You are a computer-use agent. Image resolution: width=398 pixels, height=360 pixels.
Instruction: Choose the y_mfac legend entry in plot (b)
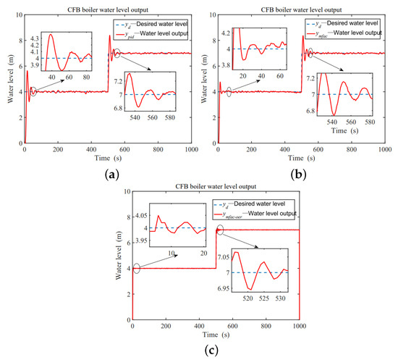point(343,28)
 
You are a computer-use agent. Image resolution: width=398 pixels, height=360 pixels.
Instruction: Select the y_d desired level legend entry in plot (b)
point(343,20)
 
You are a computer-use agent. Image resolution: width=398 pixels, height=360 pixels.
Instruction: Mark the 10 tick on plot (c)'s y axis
point(128,193)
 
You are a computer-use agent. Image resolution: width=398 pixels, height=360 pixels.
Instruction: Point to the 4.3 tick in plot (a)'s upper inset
point(33,37)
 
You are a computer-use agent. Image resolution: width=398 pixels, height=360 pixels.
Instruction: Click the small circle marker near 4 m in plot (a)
point(33,91)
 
